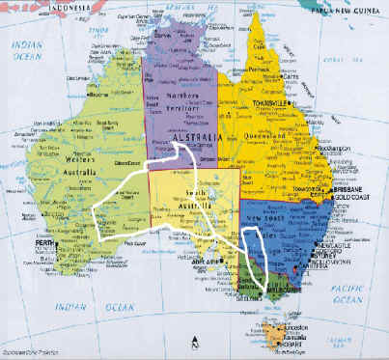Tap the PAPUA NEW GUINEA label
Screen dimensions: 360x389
point(347,11)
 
